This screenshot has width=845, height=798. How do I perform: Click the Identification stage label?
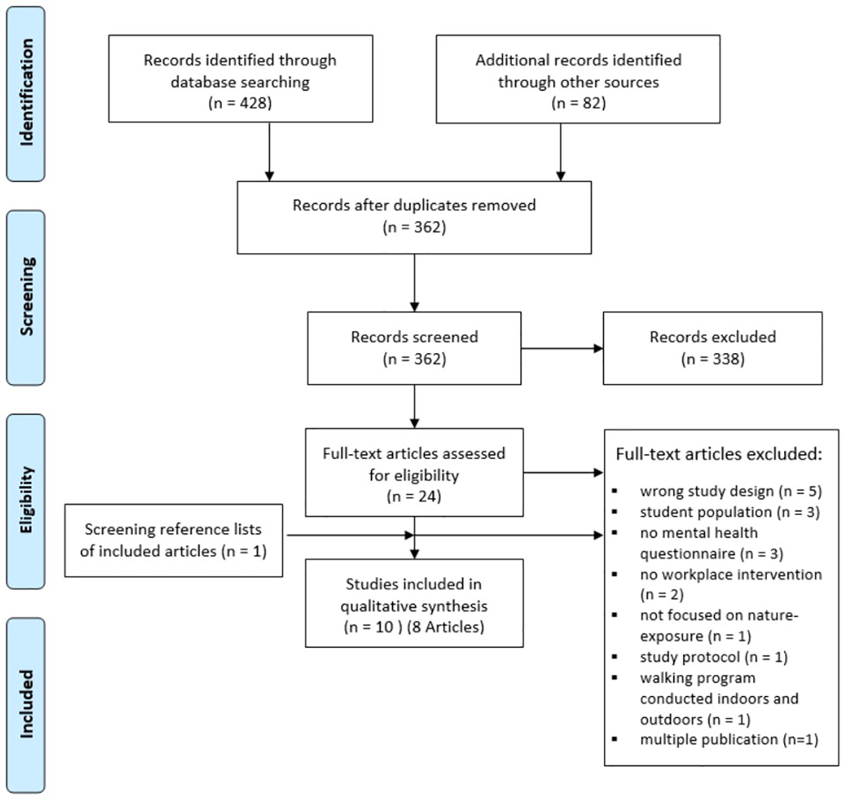26,93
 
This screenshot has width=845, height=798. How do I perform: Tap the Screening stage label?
26,297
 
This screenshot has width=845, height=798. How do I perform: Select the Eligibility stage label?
26,501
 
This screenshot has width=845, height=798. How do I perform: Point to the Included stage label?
26,704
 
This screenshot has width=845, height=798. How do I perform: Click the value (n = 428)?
240,103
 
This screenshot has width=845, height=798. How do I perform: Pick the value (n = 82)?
578,103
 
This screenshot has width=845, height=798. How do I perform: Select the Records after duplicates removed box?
414,217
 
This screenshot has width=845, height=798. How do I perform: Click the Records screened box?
414,348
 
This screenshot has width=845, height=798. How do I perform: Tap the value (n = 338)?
712,359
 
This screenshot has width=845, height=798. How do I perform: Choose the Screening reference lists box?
173,540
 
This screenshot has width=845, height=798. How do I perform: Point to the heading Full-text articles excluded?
719,454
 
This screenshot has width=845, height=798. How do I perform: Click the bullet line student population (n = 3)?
729,512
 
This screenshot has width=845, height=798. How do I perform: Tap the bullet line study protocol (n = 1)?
713,657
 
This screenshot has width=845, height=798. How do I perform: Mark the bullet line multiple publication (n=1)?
729,740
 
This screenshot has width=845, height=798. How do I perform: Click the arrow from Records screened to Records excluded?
561,348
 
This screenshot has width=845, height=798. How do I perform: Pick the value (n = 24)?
414,496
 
